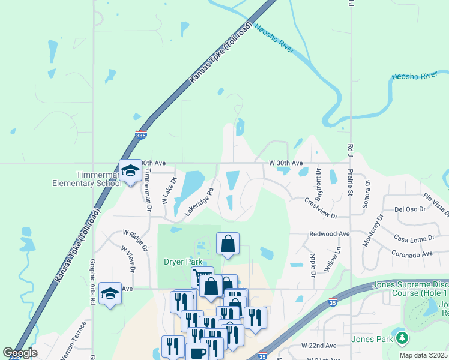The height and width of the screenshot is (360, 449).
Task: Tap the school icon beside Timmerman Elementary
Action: coord(130,172)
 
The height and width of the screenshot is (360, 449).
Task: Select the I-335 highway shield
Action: coord(141,136)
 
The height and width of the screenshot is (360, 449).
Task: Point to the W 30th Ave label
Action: coord(286,163)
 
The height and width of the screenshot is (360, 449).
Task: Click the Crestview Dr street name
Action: coord(321,208)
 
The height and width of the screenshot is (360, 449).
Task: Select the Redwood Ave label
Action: coord(329,233)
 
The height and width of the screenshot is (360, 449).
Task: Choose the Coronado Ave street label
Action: coord(413,254)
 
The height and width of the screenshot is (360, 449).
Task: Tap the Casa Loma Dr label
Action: coord(415,238)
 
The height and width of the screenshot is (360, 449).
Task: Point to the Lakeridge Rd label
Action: coord(199,202)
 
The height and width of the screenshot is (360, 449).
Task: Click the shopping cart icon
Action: coord(202,277)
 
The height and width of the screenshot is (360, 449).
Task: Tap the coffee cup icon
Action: coord(197,352)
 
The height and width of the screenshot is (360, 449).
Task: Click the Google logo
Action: coord(20,353)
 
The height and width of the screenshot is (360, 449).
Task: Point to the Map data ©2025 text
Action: coord(424,355)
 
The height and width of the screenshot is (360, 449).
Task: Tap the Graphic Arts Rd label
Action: coord(93,282)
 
